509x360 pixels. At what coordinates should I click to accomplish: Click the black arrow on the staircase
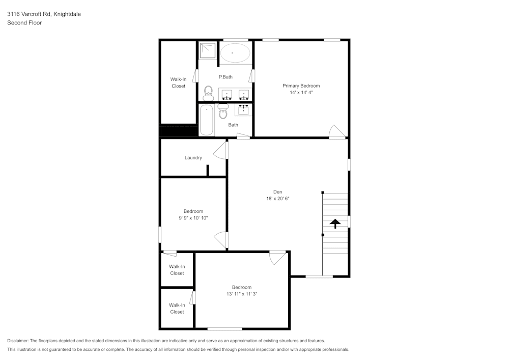(x=335, y=223)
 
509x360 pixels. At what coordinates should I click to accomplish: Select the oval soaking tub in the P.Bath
(x=234, y=52)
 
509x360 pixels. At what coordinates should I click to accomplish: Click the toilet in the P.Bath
(x=208, y=92)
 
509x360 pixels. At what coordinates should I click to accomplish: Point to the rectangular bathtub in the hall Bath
(x=206, y=120)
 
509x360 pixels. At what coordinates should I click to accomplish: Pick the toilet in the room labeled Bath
(x=223, y=112)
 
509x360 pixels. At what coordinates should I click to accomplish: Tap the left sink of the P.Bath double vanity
(x=227, y=94)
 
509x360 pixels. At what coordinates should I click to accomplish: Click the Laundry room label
(x=193, y=158)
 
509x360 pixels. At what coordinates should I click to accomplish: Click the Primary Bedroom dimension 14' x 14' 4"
(x=301, y=93)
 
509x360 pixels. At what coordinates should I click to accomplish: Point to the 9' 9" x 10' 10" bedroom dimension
(x=193, y=218)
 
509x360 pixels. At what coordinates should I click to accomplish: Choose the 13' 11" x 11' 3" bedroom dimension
(x=242, y=294)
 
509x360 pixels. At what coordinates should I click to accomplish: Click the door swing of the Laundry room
(x=220, y=150)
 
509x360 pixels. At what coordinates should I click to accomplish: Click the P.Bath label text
(x=225, y=77)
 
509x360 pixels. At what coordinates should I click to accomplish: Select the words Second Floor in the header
(x=24, y=23)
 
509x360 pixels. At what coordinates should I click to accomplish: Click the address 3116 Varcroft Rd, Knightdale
(x=44, y=14)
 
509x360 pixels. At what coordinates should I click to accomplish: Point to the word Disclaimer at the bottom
(x=18, y=341)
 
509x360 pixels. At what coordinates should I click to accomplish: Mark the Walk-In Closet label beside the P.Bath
(x=178, y=82)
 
